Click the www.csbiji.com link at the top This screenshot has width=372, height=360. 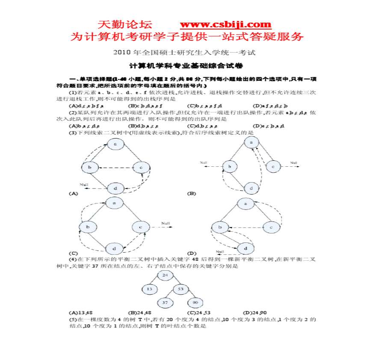pos(225,24)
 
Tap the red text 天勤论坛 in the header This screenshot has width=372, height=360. pos(124,24)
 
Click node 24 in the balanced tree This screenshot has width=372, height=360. pos(165,275)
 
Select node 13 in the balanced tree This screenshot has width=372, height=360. pos(149,289)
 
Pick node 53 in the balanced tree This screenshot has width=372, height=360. pos(181,289)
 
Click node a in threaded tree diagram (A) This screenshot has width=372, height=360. pos(115,145)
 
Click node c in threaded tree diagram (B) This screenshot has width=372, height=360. pos(273,166)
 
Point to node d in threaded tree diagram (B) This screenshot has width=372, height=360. pos(251,188)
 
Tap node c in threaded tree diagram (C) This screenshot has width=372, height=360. pos(140,227)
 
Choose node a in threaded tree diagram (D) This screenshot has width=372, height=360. pos(245,204)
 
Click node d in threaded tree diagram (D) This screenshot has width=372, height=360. pos(245,248)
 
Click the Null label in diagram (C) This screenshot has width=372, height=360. pos(166,223)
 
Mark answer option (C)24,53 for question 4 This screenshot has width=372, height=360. pos(199,313)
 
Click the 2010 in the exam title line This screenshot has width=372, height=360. pos(121,53)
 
